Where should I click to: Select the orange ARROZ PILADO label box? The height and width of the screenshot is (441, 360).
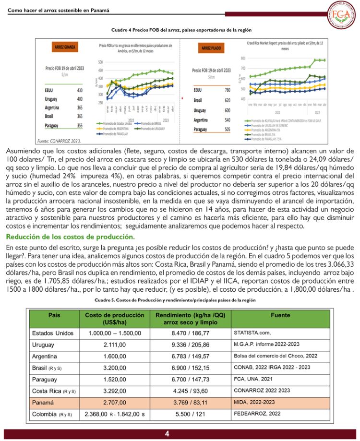[x=210, y=48]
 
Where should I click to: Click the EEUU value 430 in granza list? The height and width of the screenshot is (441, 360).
[x=80, y=90]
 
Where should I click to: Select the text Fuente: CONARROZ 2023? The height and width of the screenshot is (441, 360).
[x=59, y=142]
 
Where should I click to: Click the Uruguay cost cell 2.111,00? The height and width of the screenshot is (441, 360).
[x=114, y=345]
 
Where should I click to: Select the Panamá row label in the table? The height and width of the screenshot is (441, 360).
[x=43, y=402]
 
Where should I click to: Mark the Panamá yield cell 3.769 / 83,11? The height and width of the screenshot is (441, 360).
[x=191, y=402]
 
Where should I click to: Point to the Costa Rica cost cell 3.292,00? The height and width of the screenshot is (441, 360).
[x=114, y=391]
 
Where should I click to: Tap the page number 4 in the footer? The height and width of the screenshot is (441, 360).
[x=167, y=434]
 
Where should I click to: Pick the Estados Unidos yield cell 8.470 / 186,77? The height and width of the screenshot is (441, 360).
[x=191, y=333]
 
